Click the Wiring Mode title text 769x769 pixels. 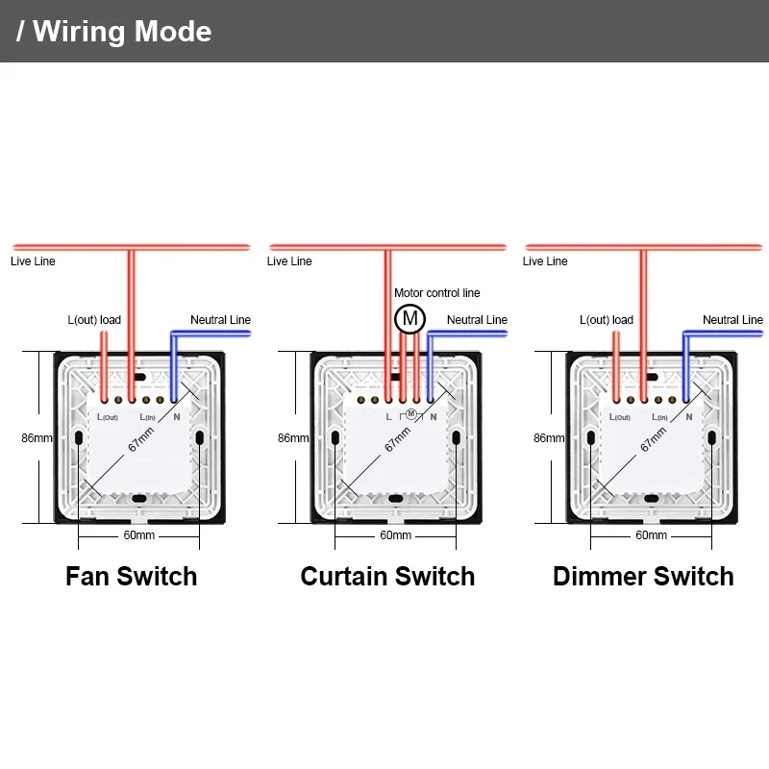click(x=115, y=31)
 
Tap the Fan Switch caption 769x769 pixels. click(x=131, y=577)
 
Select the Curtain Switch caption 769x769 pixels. click(x=387, y=577)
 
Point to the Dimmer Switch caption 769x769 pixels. click(x=643, y=577)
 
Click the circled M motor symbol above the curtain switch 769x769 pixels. click(x=410, y=318)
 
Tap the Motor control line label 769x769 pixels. click(x=436, y=293)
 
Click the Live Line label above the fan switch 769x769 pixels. click(x=33, y=261)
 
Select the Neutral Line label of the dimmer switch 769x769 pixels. click(x=732, y=320)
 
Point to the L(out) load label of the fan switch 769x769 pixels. click(x=94, y=320)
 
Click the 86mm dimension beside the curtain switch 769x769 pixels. click(x=293, y=438)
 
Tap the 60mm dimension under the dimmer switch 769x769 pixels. click(x=651, y=535)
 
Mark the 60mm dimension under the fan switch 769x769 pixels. click(x=138, y=535)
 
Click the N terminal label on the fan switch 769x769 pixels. click(x=176, y=417)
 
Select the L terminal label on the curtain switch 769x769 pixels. click(x=388, y=417)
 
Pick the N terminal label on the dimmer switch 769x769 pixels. click(x=688, y=417)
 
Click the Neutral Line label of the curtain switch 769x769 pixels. click(x=477, y=320)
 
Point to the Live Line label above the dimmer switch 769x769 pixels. click(x=545, y=261)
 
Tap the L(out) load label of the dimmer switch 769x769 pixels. click(x=607, y=320)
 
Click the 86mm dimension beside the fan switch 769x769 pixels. click(x=37, y=438)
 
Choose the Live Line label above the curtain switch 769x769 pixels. click(x=289, y=261)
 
